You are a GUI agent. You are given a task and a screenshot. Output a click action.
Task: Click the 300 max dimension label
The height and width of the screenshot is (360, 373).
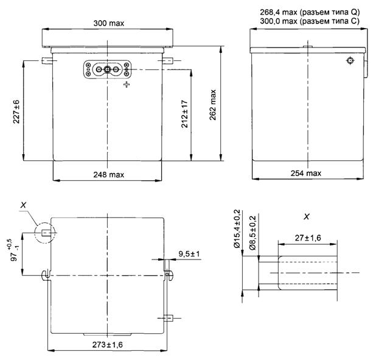(x=109, y=23)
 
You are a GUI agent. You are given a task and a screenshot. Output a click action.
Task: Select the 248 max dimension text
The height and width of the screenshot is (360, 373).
(x=109, y=175)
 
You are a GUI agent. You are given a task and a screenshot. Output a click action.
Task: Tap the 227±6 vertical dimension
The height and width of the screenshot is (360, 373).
(x=16, y=111)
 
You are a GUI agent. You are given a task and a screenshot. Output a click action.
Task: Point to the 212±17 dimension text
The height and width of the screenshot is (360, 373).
(x=184, y=114)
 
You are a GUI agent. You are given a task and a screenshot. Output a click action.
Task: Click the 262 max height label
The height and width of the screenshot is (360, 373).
(x=213, y=105)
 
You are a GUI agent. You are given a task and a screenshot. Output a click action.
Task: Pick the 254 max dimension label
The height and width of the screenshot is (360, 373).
(x=306, y=173)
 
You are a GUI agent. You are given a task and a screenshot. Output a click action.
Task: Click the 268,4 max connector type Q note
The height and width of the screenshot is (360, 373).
(x=310, y=12)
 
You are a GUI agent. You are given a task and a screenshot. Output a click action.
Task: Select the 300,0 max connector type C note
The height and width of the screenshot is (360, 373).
(x=310, y=21)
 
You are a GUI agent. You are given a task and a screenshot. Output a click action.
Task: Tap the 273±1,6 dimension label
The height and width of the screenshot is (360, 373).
(x=108, y=345)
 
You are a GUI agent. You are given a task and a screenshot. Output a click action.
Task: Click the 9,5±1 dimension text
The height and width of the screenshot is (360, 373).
(x=189, y=254)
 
